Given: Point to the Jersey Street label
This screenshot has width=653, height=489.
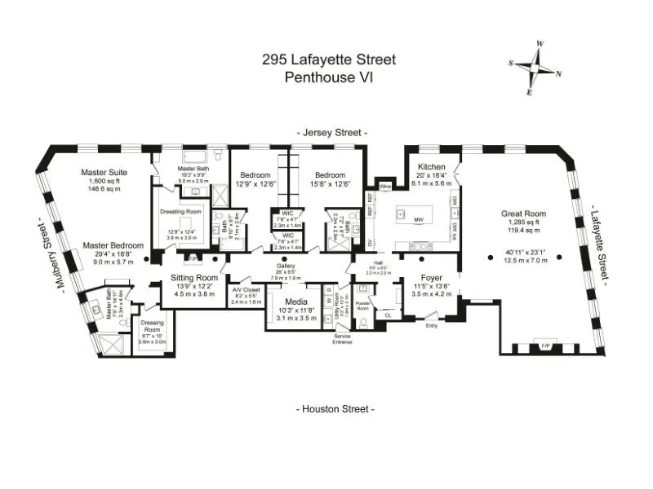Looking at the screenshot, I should click(x=331, y=132).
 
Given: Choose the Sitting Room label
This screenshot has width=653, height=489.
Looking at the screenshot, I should click(x=193, y=277).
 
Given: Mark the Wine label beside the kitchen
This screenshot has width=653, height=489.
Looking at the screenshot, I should click(x=386, y=186).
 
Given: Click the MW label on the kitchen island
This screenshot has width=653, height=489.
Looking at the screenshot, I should click(x=417, y=220).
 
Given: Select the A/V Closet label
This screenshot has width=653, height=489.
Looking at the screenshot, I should click(x=245, y=289).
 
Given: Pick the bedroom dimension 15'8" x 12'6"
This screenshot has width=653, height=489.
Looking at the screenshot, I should click(x=330, y=184).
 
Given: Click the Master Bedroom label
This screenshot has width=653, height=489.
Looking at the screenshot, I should click(x=113, y=245).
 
